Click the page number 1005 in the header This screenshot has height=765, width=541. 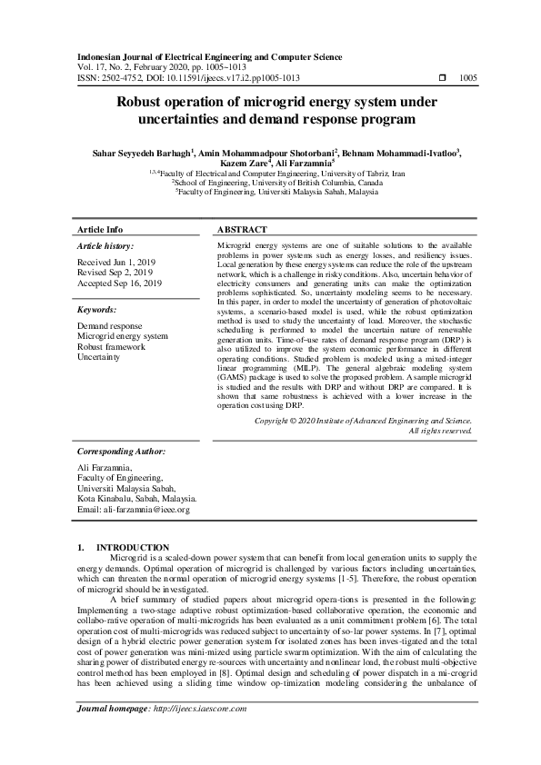pyautogui.click(x=469, y=78)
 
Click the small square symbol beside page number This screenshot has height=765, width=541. pyautogui.click(x=442, y=78)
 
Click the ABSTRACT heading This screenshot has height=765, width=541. pyautogui.click(x=242, y=230)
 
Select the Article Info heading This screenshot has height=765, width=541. pyautogui.click(x=100, y=230)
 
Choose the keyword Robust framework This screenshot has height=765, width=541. pyautogui.click(x=111, y=347)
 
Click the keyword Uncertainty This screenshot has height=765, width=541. pyautogui.click(x=98, y=358)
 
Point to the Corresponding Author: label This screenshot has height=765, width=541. pyautogui.click(x=121, y=451)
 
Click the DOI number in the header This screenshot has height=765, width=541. pyautogui.click(x=236, y=78)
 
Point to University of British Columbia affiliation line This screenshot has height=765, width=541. pyautogui.click(x=270, y=182)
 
